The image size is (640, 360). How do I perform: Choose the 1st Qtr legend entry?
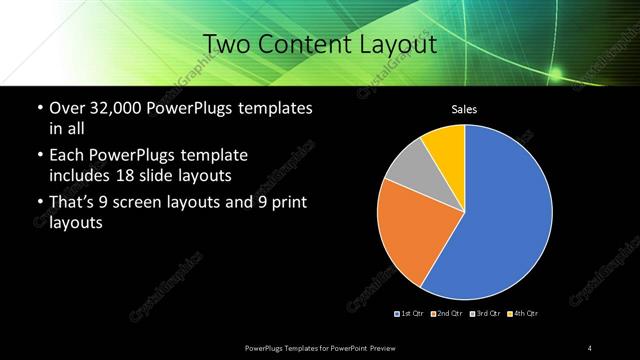(411, 314)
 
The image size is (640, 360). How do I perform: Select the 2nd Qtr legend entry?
(446, 314)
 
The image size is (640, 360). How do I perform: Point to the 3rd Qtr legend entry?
(484, 314)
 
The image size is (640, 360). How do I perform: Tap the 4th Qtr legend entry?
(522, 314)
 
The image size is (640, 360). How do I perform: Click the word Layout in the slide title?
(399, 44)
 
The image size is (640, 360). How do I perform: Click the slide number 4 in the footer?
(590, 347)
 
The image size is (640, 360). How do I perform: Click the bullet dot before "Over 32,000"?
(39, 108)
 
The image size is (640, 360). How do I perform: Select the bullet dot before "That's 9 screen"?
(39, 204)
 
